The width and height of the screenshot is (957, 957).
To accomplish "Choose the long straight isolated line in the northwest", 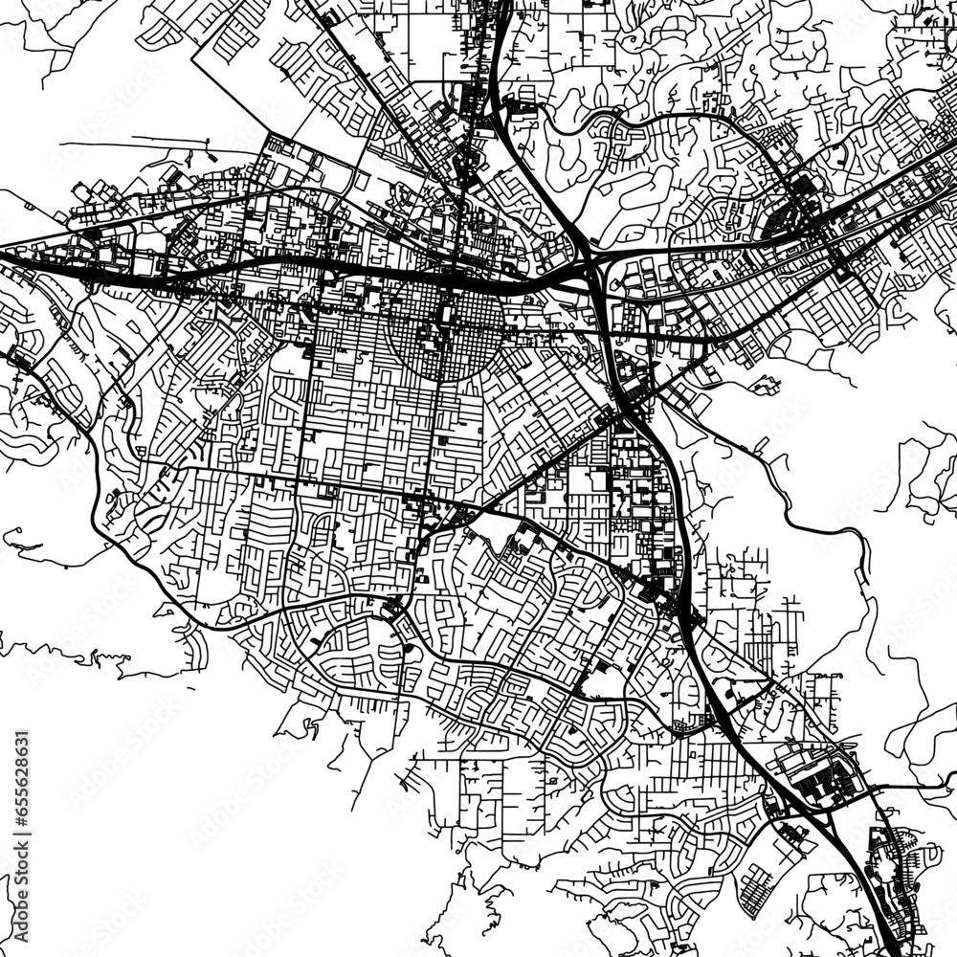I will (134, 144).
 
